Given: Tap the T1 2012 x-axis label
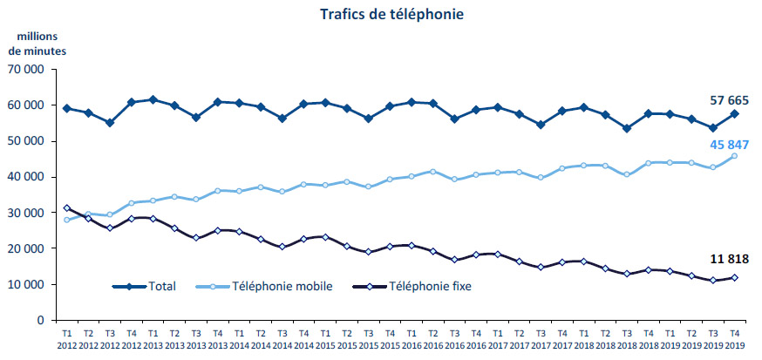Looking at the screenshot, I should [67, 339].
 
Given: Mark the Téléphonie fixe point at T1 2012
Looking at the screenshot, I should [67, 208].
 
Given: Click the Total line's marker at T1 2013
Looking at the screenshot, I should [153, 99].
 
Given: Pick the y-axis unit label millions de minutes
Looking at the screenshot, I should [37, 43].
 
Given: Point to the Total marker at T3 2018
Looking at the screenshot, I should [628, 128].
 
